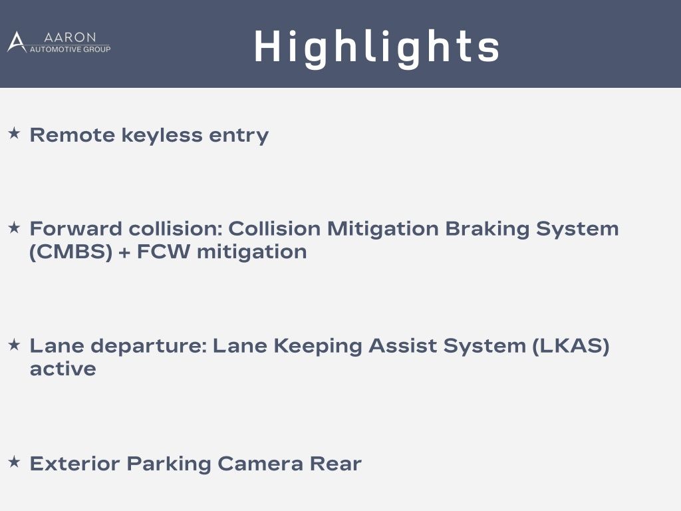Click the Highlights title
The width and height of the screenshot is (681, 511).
pyautogui.click(x=376, y=47)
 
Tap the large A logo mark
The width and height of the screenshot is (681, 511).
pyautogui.click(x=17, y=42)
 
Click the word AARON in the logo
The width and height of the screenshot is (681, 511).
pyautogui.click(x=69, y=37)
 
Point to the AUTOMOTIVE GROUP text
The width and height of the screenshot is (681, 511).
pyautogui.click(x=70, y=49)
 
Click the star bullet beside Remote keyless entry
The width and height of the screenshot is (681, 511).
pyautogui.click(x=15, y=133)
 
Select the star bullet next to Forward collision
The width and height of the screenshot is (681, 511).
pyautogui.click(x=15, y=227)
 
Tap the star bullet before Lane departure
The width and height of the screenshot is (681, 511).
pyautogui.click(x=15, y=345)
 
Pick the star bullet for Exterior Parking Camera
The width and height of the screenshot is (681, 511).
pyautogui.click(x=15, y=462)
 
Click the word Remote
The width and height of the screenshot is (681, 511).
pyautogui.click(x=72, y=135)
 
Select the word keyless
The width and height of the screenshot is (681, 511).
pyautogui.click(x=162, y=135)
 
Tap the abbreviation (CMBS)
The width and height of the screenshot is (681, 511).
pyautogui.click(x=70, y=252)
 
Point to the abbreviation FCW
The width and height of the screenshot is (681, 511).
pyautogui.click(x=164, y=252)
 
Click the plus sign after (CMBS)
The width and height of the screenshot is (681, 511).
pyautogui.click(x=124, y=253)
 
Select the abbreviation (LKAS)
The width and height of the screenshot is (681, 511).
pyautogui.click(x=571, y=346)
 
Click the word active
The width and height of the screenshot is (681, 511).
pyautogui.click(x=63, y=369)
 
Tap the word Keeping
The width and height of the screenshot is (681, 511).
pyautogui.click(x=317, y=346)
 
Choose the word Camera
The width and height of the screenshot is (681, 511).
pyautogui.click(x=260, y=464)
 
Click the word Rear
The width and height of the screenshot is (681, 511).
pyautogui.click(x=335, y=464)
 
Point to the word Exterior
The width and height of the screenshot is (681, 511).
pyautogui.click(x=74, y=464)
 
